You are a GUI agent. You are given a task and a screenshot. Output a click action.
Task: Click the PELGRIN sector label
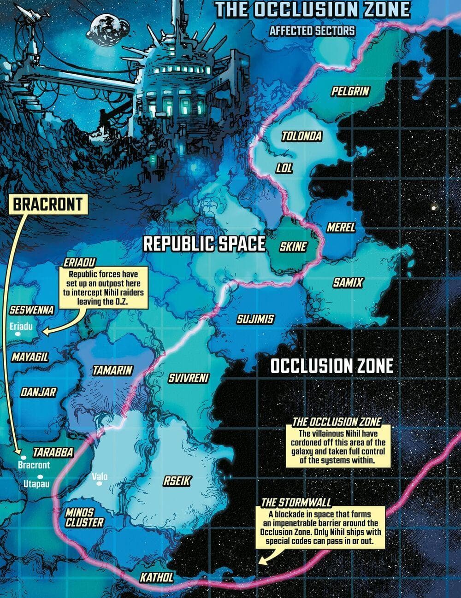[350, 91]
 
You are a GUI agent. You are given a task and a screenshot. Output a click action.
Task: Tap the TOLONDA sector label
[301, 136]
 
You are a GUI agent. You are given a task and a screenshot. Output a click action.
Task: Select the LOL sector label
[284, 168]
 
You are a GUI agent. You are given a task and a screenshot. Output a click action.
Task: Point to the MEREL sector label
[341, 227]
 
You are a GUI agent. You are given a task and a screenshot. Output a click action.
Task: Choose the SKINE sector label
[293, 246]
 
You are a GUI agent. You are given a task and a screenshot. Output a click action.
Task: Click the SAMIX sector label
[348, 282]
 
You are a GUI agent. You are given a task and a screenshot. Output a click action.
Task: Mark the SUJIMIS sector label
[255, 319]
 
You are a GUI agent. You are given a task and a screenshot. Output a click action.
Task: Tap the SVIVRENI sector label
[189, 378]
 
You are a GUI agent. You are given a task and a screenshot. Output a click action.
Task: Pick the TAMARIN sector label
[112, 370]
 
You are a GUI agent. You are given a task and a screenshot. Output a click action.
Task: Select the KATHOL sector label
[157, 577]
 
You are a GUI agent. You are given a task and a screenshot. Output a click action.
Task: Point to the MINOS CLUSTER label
[84, 517]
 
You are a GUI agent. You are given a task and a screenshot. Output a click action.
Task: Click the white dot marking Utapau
[41, 476]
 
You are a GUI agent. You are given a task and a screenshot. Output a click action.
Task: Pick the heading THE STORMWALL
[296, 502]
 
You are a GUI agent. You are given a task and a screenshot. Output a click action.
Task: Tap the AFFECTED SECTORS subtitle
[312, 31]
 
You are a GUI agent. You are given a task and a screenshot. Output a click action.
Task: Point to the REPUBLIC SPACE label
[204, 244]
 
